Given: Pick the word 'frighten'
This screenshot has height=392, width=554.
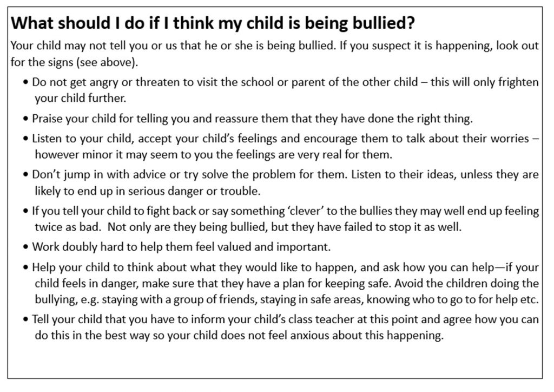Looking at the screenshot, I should [519, 83].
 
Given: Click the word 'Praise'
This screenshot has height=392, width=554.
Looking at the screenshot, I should [47, 118].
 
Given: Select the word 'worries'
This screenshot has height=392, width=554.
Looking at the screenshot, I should [506, 138].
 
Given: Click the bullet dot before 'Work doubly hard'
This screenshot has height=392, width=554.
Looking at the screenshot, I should [26, 247].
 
